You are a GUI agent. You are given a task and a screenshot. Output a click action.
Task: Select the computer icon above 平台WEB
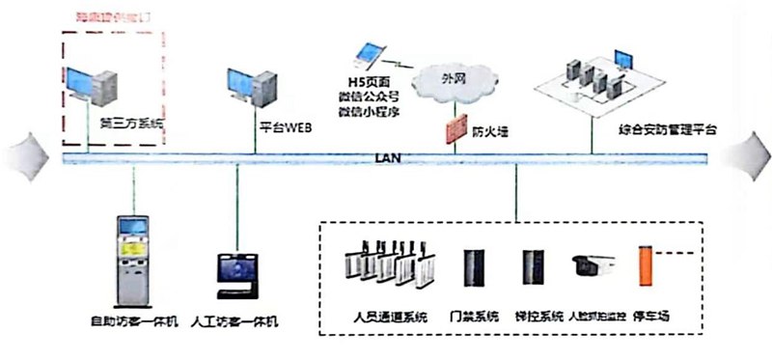(x=243, y=89)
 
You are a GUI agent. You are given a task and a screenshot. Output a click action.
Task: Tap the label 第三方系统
(x=132, y=125)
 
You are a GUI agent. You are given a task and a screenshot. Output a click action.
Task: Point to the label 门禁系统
(x=475, y=316)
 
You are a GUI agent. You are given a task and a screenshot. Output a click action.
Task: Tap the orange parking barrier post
(x=645, y=270)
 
